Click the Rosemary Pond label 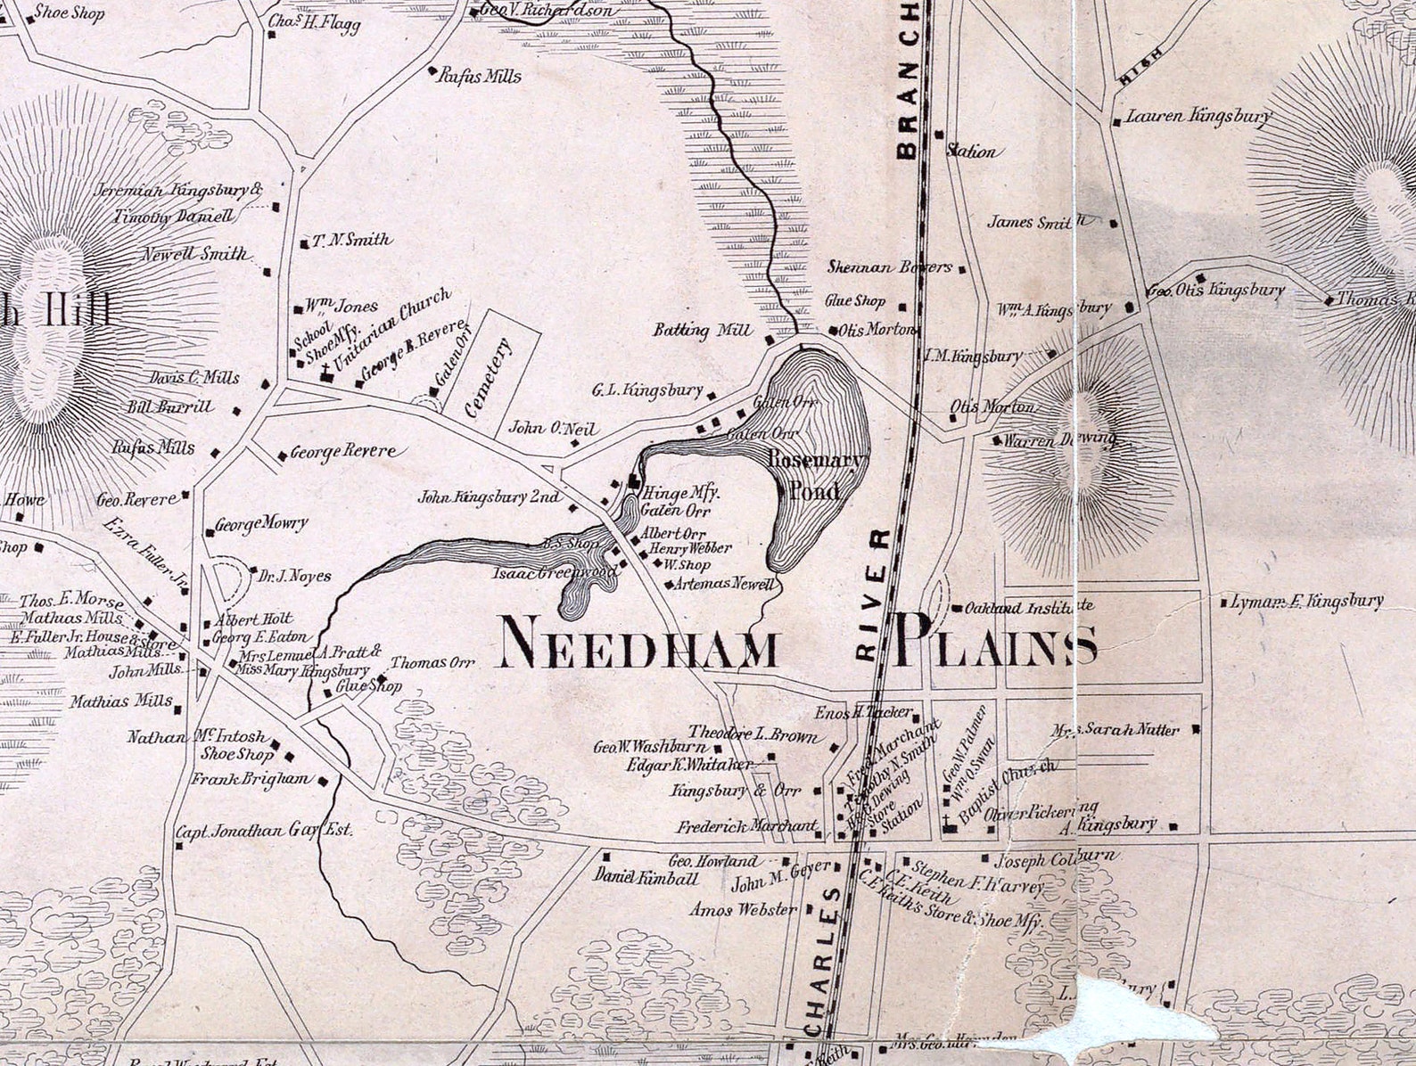click(x=816, y=475)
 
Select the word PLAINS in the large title click(x=996, y=642)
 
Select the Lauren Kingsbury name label click(x=1198, y=116)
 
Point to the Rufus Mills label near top click(x=480, y=77)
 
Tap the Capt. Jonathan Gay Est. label click(x=264, y=831)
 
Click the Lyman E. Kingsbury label click(x=1306, y=602)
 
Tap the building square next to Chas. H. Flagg click(x=271, y=36)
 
